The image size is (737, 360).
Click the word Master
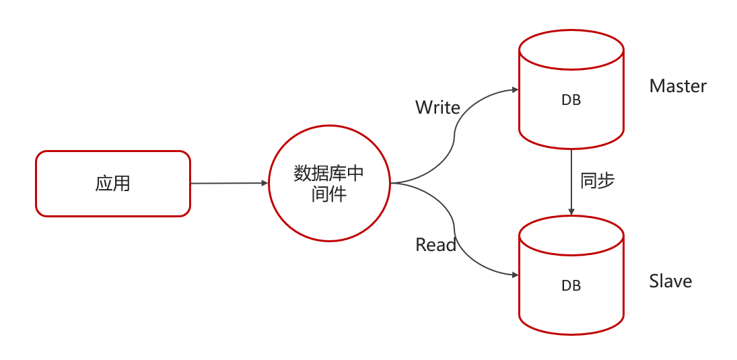[678, 86]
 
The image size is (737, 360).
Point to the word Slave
[670, 281]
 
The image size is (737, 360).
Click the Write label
[437, 108]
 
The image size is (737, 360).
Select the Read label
[435, 245]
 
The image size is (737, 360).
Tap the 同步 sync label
[597, 180]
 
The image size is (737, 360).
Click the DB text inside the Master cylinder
[571, 100]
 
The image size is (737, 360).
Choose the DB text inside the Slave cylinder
[571, 286]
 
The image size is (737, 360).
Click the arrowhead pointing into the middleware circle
[265, 182]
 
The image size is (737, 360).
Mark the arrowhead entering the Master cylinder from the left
[515, 89]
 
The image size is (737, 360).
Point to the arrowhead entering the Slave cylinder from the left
[515, 275]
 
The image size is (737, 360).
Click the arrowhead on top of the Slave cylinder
[571, 213]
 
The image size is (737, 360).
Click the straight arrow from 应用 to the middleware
[229, 183]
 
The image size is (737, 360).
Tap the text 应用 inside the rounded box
[112, 183]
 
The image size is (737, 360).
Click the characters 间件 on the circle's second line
[328, 194]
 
